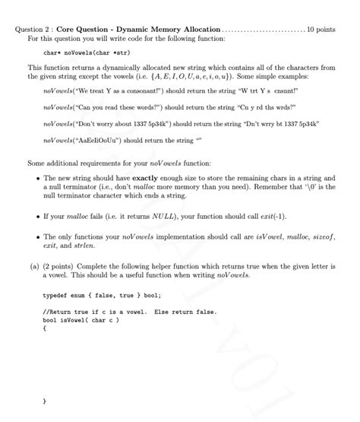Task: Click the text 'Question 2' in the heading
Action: tap(33, 30)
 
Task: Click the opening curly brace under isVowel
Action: tap(45, 328)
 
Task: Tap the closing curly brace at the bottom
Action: tap(45, 399)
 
